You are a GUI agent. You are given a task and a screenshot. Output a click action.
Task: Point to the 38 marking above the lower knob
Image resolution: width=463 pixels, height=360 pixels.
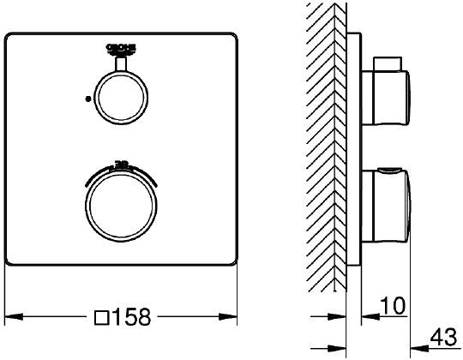tap(121, 161)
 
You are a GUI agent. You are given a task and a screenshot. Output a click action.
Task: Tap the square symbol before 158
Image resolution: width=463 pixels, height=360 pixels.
tap(100, 317)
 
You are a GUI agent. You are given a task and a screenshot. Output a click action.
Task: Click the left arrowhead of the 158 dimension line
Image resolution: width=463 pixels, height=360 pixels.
tap(12, 316)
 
